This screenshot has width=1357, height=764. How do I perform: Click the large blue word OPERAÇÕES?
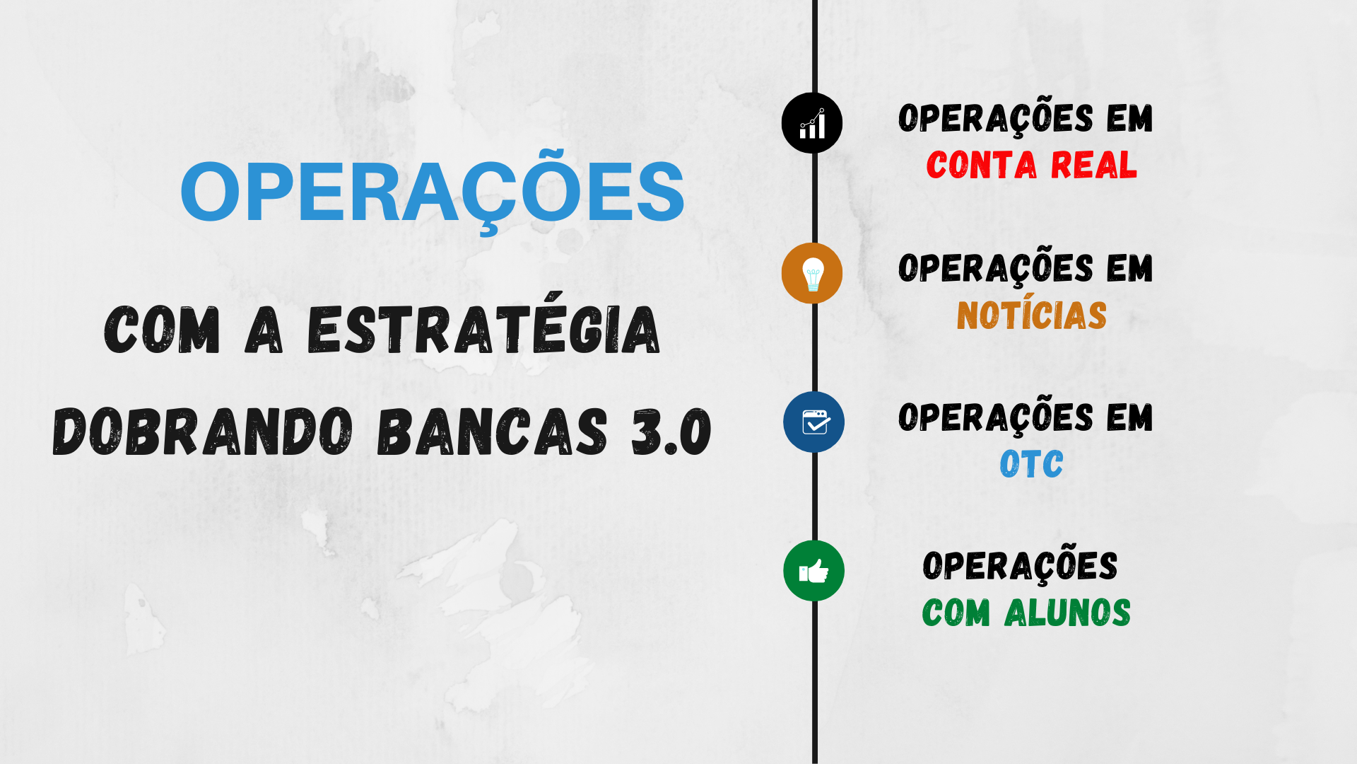[x=433, y=190]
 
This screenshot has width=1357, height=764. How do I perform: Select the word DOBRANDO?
[x=203, y=432]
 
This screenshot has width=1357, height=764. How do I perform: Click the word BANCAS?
[x=492, y=432]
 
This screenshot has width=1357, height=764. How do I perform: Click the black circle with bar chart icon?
[x=812, y=123]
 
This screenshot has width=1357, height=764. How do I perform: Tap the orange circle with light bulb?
[x=812, y=273]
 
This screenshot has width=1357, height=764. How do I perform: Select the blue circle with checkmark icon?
[x=813, y=422]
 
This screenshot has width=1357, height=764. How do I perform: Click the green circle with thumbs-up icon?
[x=813, y=571]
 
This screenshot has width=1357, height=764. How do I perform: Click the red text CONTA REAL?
[x=1031, y=165]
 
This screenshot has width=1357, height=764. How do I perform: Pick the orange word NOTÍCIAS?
[x=1031, y=314]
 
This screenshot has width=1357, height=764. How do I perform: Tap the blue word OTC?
[x=1031, y=464]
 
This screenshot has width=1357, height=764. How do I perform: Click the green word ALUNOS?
[x=1067, y=613]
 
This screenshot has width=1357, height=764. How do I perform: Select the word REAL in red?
[x=1093, y=165]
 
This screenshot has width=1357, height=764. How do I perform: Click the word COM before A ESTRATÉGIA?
[x=162, y=330]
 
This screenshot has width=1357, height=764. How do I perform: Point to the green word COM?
[x=956, y=613]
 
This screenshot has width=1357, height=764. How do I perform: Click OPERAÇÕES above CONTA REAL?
[x=996, y=117]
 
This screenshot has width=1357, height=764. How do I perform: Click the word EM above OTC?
[x=1129, y=417]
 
